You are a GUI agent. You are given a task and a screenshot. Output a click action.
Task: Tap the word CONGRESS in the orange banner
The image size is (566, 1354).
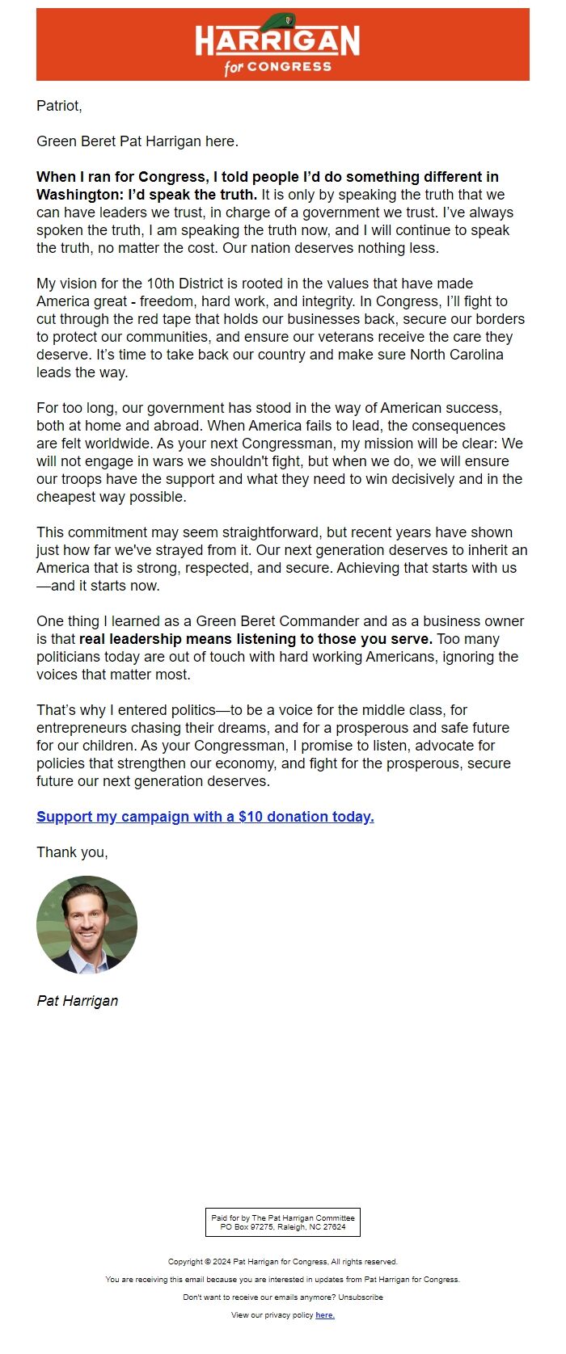tap(289, 66)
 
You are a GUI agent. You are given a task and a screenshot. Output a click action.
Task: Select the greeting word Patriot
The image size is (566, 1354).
tap(58, 106)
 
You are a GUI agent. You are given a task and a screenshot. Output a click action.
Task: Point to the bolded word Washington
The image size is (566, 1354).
tap(78, 195)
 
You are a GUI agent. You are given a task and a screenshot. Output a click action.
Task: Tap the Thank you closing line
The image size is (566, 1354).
tap(72, 852)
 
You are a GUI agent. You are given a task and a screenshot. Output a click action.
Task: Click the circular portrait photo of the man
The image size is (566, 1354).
tap(87, 925)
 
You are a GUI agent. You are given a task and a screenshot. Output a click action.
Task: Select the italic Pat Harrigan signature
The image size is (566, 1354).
tap(77, 1001)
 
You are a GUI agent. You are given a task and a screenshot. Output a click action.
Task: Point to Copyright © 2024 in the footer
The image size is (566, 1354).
tap(199, 1261)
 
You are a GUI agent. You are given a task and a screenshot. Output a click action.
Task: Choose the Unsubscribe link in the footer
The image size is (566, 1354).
tap(361, 1297)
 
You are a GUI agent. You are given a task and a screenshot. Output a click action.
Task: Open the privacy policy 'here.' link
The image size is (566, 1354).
tap(324, 1315)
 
